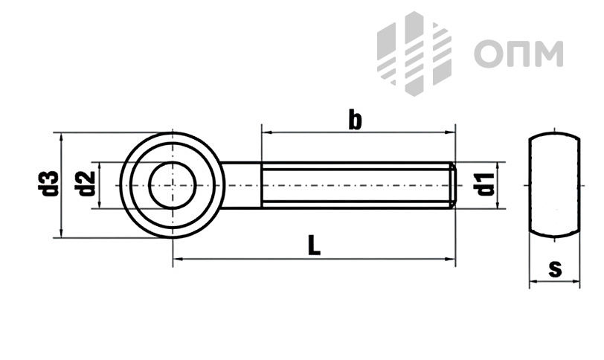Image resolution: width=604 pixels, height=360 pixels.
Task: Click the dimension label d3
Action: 50,183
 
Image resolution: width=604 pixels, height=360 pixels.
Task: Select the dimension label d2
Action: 87,183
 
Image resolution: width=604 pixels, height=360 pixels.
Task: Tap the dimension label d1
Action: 485,184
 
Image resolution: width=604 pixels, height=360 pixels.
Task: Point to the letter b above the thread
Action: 355,120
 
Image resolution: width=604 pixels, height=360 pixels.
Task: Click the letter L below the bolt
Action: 315,245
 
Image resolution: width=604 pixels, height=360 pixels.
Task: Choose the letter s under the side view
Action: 555,269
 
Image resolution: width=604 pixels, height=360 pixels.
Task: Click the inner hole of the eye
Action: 173,185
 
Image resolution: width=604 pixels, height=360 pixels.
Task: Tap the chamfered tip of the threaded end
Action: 454,185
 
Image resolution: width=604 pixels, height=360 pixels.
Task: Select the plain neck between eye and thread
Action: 241,185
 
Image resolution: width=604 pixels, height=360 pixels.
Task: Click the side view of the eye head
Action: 554,184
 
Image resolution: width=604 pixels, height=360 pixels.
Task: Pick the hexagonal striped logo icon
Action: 414,53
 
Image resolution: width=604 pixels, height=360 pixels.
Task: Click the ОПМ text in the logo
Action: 518,54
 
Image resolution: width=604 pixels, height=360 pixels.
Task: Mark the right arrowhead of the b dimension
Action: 450,132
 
